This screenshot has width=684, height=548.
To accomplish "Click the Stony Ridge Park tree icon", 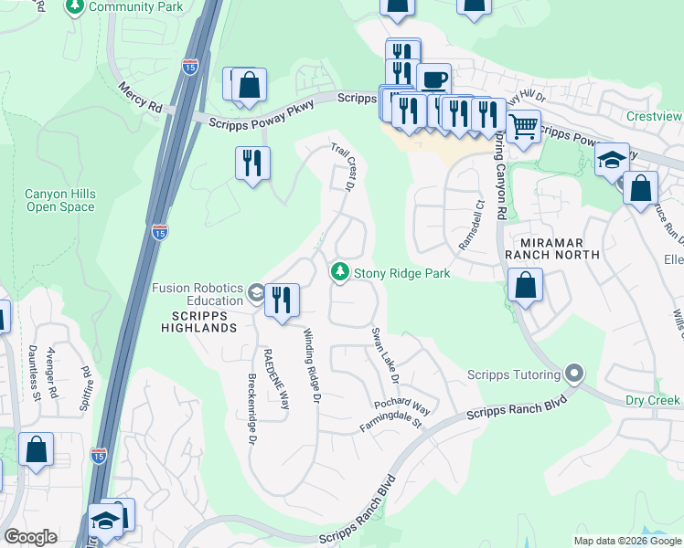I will click(x=340, y=272).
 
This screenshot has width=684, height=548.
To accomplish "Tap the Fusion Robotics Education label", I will click(x=198, y=294).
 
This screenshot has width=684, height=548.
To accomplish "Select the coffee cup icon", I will click(x=433, y=79).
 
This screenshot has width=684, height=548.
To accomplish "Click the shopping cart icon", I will click(x=523, y=126).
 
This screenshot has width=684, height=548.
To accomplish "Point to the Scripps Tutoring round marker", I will click(x=574, y=374).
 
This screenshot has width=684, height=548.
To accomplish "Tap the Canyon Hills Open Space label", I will click(x=59, y=200).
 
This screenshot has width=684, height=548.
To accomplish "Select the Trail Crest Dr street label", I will click(x=342, y=166).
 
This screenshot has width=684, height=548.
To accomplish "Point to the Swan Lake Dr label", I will click(x=385, y=355).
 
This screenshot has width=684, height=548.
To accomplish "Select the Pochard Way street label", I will click(x=401, y=405).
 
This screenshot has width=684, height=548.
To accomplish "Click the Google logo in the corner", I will click(x=30, y=537).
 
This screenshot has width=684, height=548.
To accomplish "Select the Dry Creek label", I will click(x=653, y=400).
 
